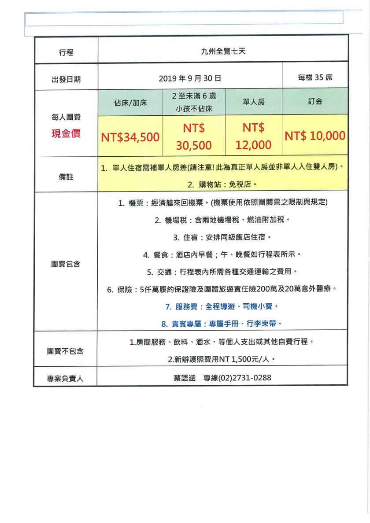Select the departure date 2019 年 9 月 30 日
(189, 78)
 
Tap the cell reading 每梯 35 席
(315, 77)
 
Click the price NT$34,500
(130, 137)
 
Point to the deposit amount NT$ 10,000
(315, 136)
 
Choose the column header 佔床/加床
(130, 103)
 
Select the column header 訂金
(315, 101)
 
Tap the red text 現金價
(66, 134)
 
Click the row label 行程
(66, 53)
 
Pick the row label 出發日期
(66, 80)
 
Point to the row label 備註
(66, 177)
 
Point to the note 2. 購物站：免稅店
(222, 184)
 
